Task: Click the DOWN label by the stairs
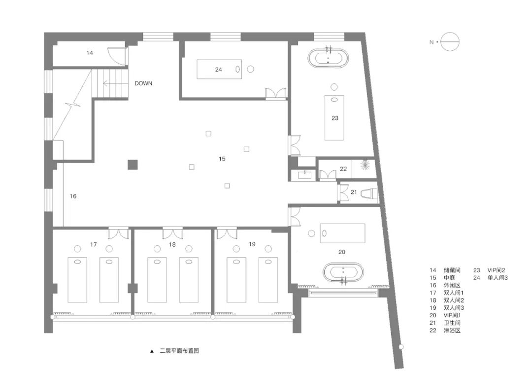[x=143, y=83]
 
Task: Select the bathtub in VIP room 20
[x=344, y=273]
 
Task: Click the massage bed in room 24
[x=220, y=70]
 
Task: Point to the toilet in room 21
[x=369, y=193]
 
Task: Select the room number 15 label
[x=222, y=159]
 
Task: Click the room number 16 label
[x=73, y=196]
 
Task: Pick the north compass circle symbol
[x=449, y=42]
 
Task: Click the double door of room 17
[x=118, y=233]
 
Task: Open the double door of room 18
[x=172, y=233]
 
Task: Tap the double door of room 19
[x=227, y=233]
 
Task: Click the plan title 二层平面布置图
[x=179, y=351]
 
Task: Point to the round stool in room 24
[x=251, y=70]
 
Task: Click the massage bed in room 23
[x=334, y=117]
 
